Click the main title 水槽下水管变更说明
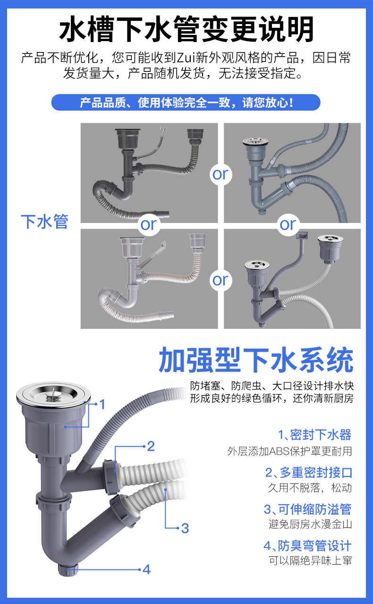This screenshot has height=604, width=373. (186, 29)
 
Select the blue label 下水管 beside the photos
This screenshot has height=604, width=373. (44, 221)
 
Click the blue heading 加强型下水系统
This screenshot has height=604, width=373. (255, 361)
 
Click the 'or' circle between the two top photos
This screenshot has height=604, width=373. (220, 174)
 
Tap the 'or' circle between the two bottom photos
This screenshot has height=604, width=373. (220, 280)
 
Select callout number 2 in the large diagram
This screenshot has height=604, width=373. (151, 446)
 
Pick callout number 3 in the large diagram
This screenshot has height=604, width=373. (185, 528)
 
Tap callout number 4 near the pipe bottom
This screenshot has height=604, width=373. (146, 569)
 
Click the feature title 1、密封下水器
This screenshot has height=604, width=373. (314, 435)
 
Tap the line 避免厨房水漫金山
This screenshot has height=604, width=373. (310, 524)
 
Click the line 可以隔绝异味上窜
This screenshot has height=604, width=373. (310, 561)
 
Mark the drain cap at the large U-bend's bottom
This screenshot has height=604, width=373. (67, 570)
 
